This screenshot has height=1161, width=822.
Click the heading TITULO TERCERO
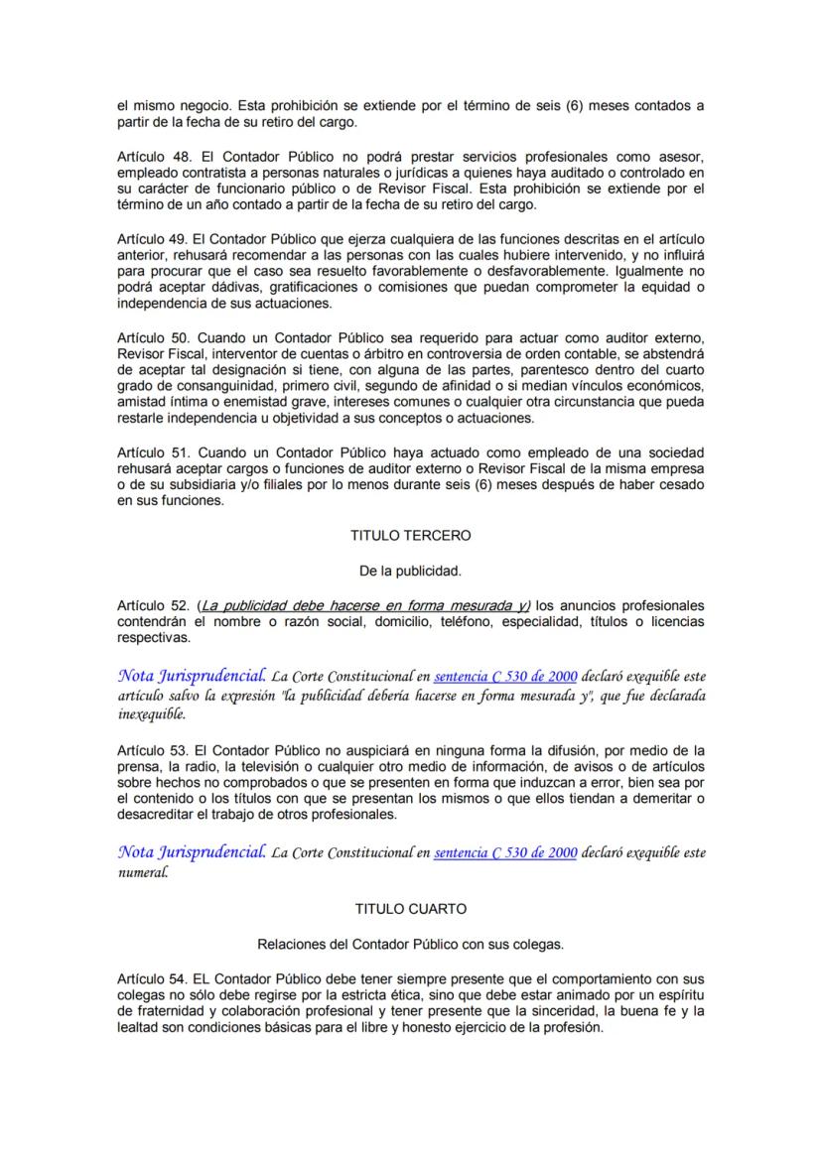[x=410, y=535]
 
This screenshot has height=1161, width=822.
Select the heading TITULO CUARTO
[x=410, y=908]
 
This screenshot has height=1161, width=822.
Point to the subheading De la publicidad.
[x=410, y=571]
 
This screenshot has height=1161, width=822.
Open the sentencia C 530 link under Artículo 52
[x=505, y=677]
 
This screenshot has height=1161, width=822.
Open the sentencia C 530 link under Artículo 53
[x=505, y=852]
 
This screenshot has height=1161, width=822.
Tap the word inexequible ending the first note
[x=151, y=713]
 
